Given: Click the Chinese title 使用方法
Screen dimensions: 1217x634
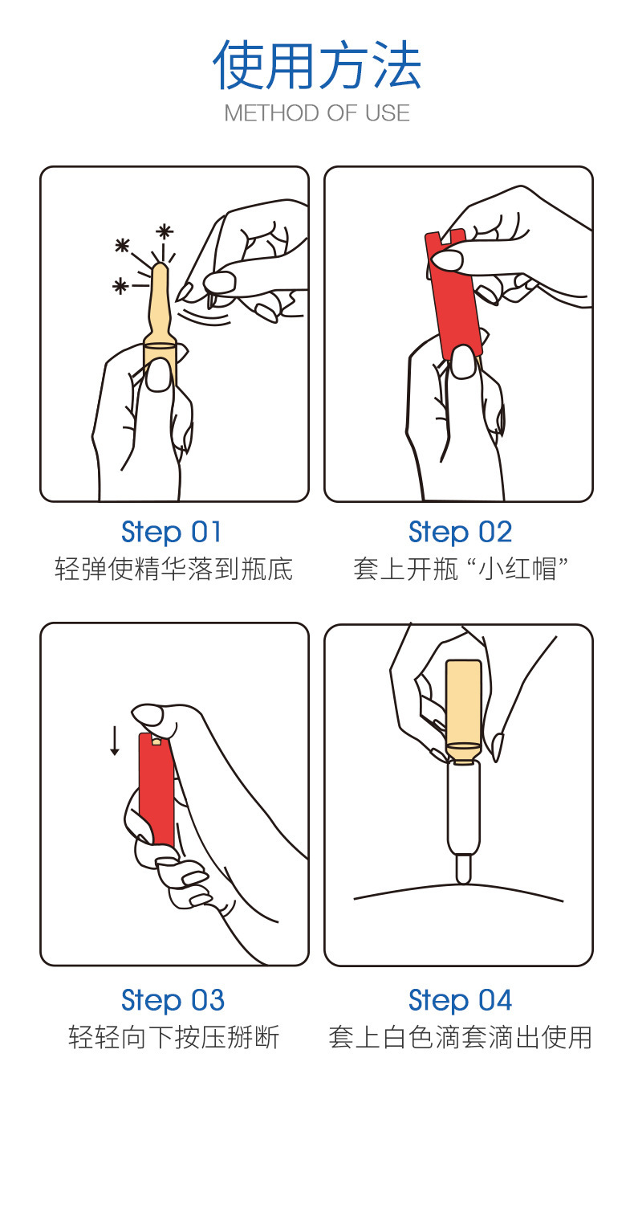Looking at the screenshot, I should point(317,66).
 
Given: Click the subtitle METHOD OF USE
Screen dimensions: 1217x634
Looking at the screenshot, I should point(317,113).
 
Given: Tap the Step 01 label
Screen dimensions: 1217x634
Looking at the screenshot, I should point(172,532).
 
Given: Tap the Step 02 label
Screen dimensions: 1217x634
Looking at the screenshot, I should point(460,532).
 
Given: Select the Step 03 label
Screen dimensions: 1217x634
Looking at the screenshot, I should point(173,1000).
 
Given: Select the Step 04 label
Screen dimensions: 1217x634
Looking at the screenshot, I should point(460,1000).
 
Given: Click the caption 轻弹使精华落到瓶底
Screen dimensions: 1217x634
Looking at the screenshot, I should point(174,570).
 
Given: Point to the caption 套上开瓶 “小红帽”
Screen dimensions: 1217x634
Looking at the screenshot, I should point(461,570).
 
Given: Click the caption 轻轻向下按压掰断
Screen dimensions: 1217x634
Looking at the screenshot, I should point(174,1037).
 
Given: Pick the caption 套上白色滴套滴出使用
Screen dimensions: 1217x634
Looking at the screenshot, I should point(460,1037).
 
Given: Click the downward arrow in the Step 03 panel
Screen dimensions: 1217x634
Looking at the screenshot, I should point(115,740).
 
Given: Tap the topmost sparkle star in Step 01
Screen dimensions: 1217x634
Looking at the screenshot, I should point(165,231).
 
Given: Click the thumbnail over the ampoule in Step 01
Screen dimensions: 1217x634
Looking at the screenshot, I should point(160,374).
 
